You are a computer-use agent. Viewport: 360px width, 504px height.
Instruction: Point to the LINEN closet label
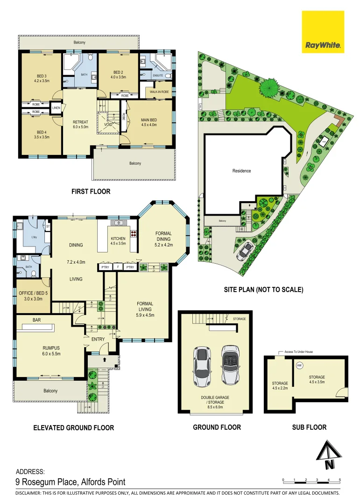click(x=56, y=108)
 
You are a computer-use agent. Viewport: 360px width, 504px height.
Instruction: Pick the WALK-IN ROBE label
click(x=159, y=92)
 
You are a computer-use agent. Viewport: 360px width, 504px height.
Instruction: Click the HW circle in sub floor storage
click(x=299, y=365)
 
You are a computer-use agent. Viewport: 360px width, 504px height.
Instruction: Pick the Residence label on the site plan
click(x=241, y=171)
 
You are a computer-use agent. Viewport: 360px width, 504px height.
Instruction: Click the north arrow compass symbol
click(x=330, y=457)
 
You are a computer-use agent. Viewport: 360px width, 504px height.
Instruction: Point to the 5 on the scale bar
click(x=340, y=480)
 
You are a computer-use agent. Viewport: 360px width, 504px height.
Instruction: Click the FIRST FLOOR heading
click(x=91, y=191)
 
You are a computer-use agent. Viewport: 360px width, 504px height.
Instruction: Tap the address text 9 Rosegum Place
click(x=71, y=482)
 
